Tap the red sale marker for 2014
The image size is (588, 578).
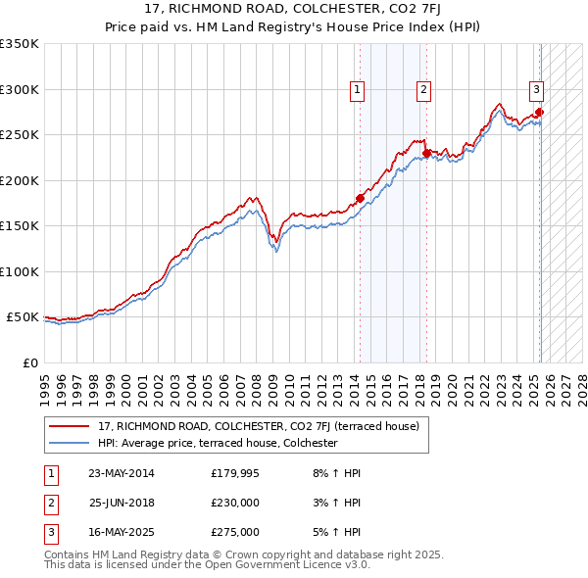[x=360, y=198]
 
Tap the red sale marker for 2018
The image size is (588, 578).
[x=427, y=153]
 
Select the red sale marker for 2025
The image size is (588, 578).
[x=540, y=112]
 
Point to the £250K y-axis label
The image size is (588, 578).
[x=20, y=135]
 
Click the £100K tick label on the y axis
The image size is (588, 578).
[x=20, y=271]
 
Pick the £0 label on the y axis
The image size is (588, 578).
[x=28, y=362]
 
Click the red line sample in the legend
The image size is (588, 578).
[x=69, y=427]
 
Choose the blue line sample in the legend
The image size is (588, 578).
[x=69, y=443]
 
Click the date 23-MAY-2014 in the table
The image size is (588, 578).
[x=121, y=473]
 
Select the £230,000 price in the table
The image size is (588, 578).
[x=235, y=503]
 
